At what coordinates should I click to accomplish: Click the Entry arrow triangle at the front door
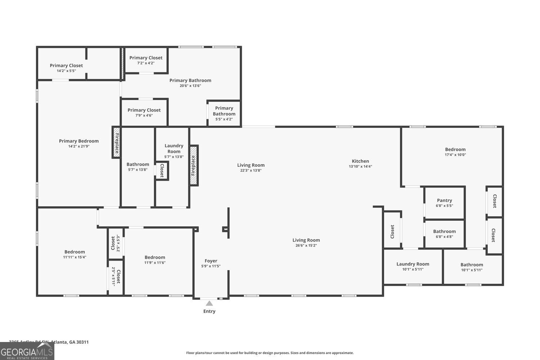click(209, 303)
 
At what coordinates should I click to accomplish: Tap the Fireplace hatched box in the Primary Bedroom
click(116, 142)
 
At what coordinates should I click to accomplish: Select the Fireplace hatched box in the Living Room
click(194, 165)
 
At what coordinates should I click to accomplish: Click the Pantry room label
click(444, 201)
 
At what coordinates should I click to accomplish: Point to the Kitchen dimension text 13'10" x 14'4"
click(360, 167)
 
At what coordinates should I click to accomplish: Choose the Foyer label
click(211, 261)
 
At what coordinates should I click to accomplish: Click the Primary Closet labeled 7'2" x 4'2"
click(146, 60)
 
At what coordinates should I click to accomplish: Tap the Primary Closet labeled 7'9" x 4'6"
click(144, 112)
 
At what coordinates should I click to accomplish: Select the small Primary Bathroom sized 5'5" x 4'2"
click(224, 113)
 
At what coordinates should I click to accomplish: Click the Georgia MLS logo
click(27, 351)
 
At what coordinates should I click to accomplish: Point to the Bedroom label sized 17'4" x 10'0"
click(455, 149)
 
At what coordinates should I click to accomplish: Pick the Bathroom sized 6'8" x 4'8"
click(444, 234)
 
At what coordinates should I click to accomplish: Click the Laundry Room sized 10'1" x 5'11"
click(413, 266)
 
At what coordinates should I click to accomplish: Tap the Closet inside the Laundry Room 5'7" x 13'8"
click(162, 171)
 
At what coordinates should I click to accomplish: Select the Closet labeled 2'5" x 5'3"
click(116, 243)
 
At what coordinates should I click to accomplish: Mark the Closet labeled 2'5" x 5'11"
click(116, 276)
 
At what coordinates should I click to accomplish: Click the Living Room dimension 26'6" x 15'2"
click(306, 246)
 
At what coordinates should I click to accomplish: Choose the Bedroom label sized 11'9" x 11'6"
click(155, 257)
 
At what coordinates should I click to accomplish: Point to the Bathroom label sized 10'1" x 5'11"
click(472, 265)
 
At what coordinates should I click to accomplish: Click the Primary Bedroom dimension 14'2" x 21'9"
click(79, 146)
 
